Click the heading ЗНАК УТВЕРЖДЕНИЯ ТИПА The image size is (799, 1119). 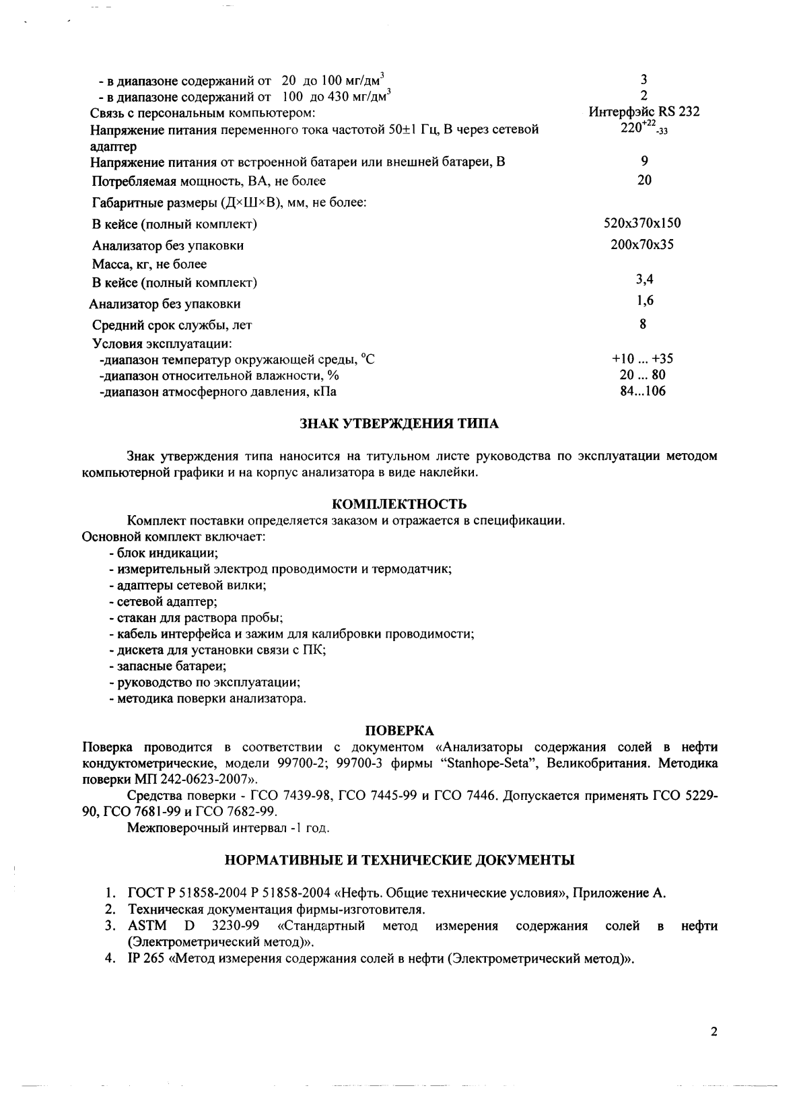tap(399, 424)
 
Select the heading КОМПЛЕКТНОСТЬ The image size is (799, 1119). tap(399, 504)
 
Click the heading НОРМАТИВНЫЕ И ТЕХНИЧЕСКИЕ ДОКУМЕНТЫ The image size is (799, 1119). tap(399, 860)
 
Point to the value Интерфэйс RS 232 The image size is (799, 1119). tap(644, 112)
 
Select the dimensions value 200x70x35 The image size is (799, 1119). tap(642, 244)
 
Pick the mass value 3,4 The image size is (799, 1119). tap(644, 279)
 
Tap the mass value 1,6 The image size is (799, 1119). tap(644, 301)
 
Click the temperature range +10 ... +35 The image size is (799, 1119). tap(642, 359)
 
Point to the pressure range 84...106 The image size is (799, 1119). tap(642, 391)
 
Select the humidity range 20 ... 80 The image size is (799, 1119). tap(642, 375)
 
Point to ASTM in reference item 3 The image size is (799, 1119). tap(147, 926)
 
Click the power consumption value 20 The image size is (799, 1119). tap(644, 180)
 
